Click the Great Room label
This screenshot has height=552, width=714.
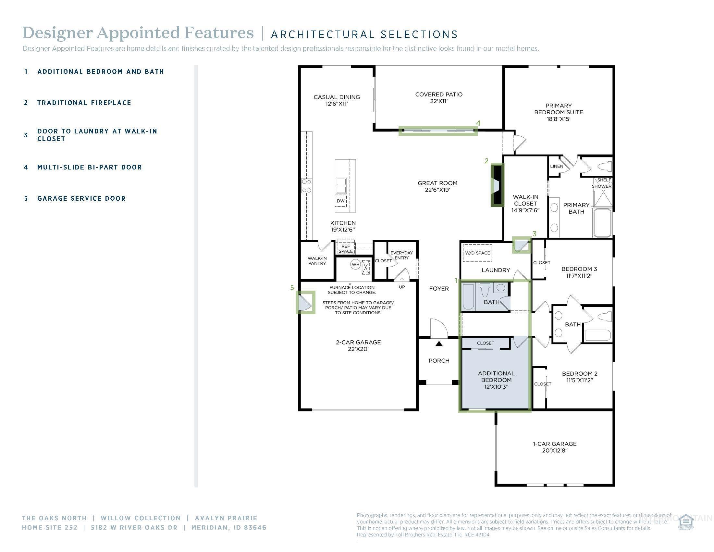click(x=437, y=186)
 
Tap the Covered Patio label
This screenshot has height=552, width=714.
click(x=439, y=98)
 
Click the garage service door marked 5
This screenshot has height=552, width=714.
click(x=305, y=303)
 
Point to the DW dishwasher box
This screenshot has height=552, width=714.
click(x=340, y=201)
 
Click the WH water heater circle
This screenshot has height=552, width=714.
click(x=355, y=264)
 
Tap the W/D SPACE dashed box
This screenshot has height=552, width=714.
click(x=477, y=253)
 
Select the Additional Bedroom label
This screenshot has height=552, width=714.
click(x=496, y=380)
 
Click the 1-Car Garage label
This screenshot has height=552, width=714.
click(x=554, y=447)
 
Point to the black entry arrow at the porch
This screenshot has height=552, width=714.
click(x=439, y=344)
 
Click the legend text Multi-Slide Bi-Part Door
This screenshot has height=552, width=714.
click(x=90, y=168)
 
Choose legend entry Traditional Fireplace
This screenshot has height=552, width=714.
click(x=84, y=103)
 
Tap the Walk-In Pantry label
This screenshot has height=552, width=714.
click(x=317, y=261)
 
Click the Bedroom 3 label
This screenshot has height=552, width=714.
click(x=579, y=272)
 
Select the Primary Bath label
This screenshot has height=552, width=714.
click(x=576, y=208)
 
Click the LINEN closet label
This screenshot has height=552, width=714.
click(x=556, y=166)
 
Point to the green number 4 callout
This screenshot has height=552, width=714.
click(x=478, y=123)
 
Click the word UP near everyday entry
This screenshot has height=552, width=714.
click(x=402, y=287)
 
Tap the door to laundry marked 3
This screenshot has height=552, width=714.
click(x=521, y=245)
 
